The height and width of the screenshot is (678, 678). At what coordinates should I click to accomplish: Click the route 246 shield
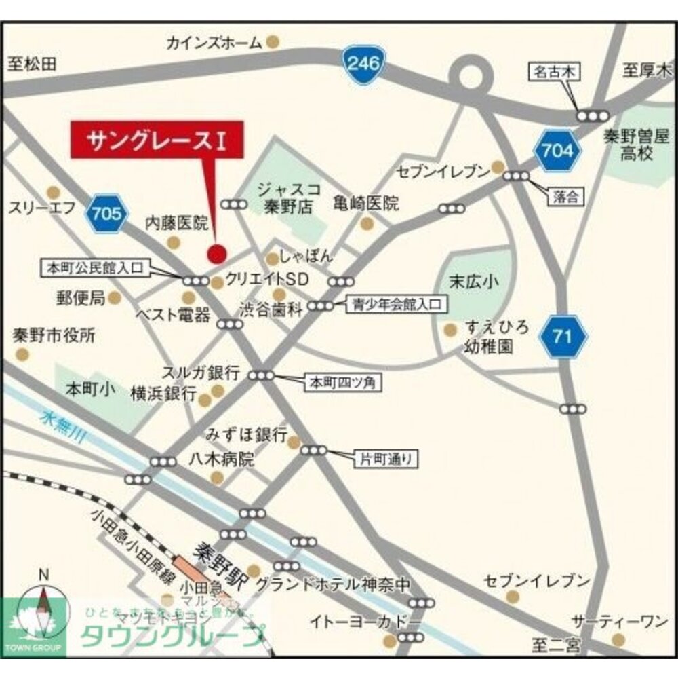364,65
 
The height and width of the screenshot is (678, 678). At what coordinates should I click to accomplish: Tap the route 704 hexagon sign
557,150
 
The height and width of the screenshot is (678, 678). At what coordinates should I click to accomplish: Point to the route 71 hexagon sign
565,336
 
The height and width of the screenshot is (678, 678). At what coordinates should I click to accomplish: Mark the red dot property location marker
216,254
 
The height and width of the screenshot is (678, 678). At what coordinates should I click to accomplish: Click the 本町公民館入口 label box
94,267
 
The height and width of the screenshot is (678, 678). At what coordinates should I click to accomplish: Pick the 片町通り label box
385,459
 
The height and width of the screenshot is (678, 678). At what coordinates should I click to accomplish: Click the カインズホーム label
214,43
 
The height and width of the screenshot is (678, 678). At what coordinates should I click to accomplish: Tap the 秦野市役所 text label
54,335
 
